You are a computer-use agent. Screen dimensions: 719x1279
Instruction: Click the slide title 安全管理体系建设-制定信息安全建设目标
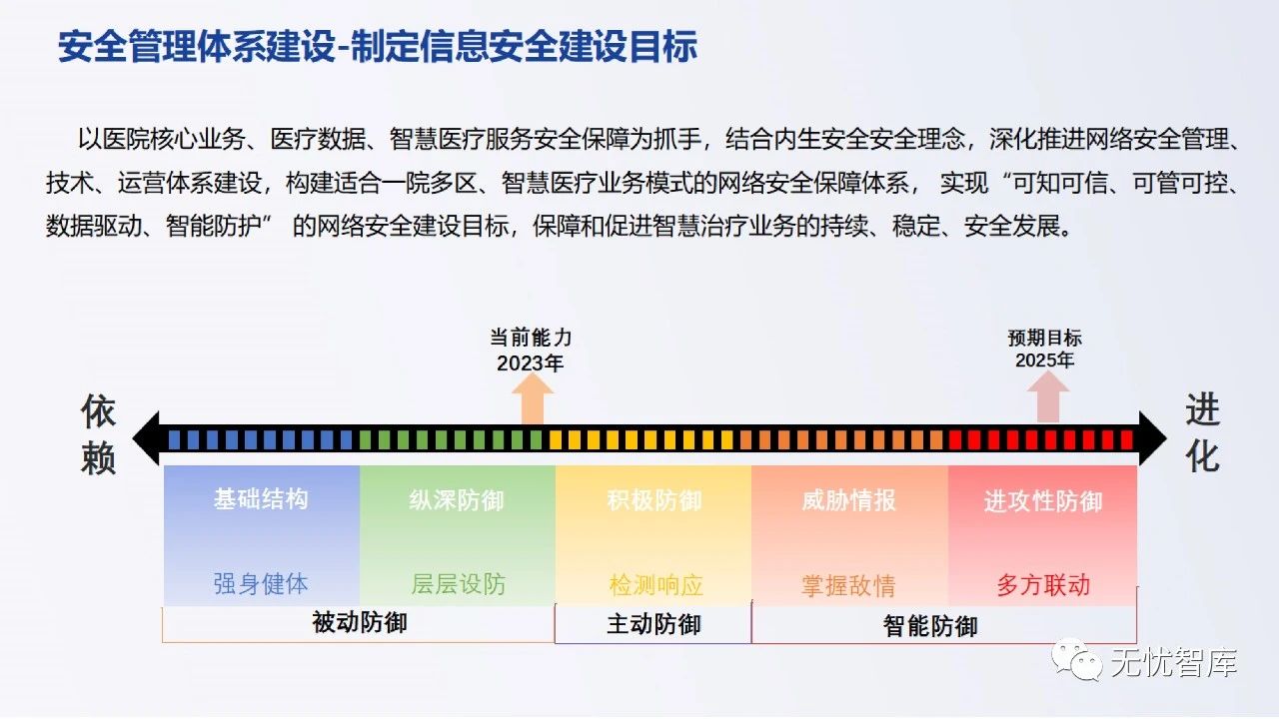378,47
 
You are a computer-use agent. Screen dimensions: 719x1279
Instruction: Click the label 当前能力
531,338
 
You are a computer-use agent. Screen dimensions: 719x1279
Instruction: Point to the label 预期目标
1044,338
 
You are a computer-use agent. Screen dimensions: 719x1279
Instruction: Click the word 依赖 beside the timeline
99,435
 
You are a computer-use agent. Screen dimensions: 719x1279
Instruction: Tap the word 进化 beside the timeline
1202,433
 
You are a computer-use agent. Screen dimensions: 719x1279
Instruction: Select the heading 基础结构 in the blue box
261,499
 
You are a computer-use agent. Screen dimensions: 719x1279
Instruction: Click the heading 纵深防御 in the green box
457,500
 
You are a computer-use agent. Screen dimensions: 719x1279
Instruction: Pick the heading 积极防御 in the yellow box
653,500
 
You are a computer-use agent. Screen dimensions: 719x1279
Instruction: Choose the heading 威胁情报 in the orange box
849,500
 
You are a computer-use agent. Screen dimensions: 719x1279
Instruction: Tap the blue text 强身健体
261,584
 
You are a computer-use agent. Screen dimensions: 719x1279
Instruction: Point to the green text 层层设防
458,584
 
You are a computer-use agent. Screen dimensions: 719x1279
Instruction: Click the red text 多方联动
1042,585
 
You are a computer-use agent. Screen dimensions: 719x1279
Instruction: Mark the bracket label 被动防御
360,623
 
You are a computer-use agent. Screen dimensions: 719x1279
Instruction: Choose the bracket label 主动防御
653,625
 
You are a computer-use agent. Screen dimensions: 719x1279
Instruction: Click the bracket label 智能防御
930,626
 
